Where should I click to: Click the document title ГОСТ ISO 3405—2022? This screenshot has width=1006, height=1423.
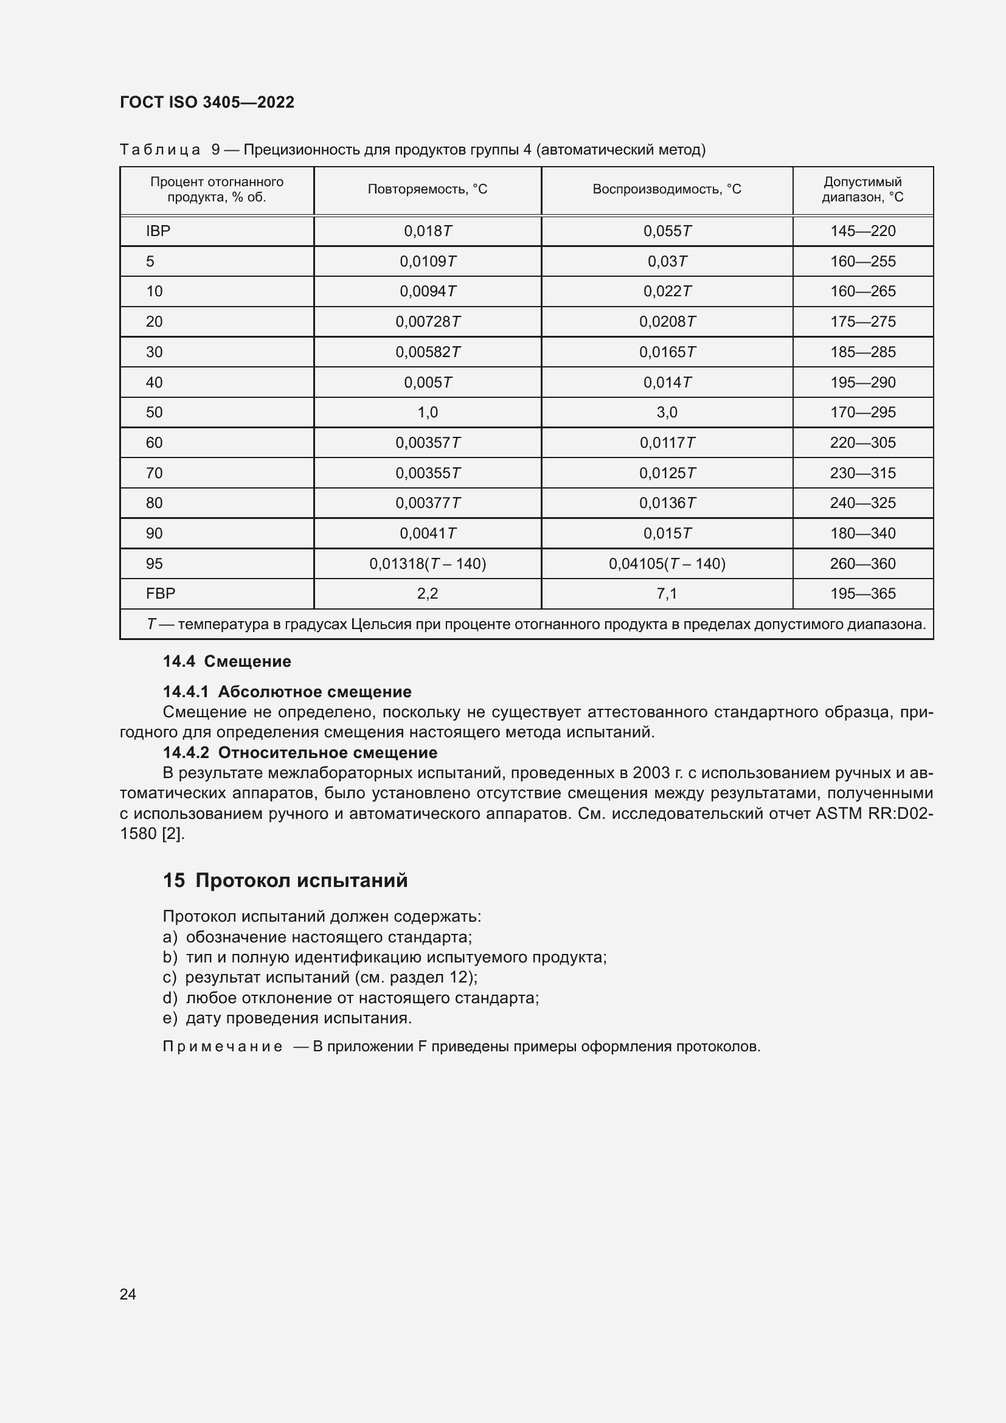(x=207, y=102)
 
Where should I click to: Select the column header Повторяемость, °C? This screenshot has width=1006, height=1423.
(x=428, y=189)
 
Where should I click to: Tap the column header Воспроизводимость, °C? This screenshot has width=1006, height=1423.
(x=667, y=189)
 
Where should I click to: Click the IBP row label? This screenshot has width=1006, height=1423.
(x=158, y=231)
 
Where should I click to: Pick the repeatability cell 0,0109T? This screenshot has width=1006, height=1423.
(x=428, y=262)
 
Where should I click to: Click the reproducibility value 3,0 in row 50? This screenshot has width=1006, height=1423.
(x=667, y=412)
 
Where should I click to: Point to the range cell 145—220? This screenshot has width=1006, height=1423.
(x=862, y=231)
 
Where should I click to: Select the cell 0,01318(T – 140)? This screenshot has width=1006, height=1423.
(x=428, y=564)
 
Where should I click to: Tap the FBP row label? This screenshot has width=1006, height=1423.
(x=161, y=594)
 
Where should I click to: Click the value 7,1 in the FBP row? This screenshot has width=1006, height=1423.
(x=667, y=594)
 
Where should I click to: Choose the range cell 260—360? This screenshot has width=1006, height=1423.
(x=862, y=564)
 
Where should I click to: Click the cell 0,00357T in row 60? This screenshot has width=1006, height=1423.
(x=428, y=443)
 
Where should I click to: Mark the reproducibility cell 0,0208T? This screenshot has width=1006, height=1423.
(x=667, y=322)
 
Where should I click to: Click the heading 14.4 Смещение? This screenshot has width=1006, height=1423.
(x=227, y=661)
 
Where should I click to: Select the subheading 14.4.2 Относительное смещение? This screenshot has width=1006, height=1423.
(x=300, y=753)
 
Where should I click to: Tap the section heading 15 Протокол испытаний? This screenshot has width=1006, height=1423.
(x=285, y=881)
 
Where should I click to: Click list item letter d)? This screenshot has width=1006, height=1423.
(x=170, y=998)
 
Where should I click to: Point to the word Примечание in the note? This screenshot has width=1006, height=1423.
(x=223, y=1047)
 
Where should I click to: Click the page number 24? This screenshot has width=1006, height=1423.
(x=128, y=1294)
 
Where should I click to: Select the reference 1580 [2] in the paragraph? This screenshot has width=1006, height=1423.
(x=152, y=834)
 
